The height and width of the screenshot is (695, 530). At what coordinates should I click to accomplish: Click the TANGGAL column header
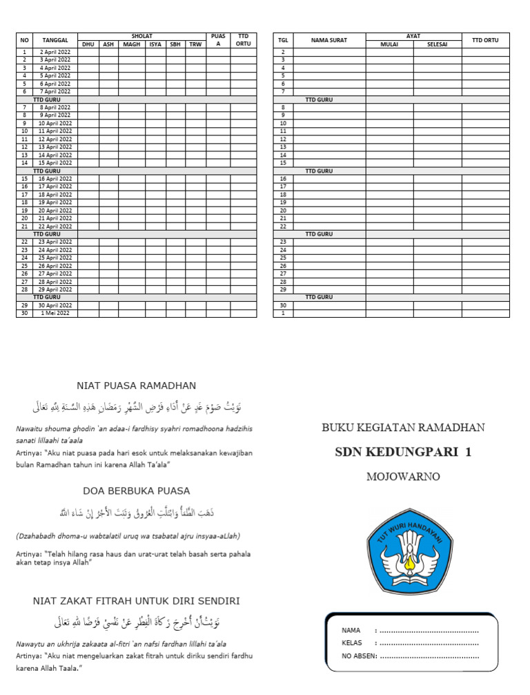tap(55, 40)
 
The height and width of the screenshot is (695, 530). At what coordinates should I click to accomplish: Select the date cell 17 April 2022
tap(55, 187)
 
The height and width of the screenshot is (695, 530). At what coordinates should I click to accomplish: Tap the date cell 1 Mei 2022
tap(55, 314)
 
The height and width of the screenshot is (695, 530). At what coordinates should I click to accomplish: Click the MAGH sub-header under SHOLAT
tap(131, 44)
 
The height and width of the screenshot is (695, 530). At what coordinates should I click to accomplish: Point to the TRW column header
tap(195, 44)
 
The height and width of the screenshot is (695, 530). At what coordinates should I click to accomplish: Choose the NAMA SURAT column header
tap(329, 40)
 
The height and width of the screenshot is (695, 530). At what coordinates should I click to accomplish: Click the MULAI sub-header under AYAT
tap(389, 44)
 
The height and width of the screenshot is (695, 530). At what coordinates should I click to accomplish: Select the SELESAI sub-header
tap(437, 44)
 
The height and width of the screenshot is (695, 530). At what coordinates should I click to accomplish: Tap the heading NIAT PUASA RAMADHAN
tap(136, 385)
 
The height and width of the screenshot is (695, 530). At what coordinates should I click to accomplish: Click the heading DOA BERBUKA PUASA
tap(136, 491)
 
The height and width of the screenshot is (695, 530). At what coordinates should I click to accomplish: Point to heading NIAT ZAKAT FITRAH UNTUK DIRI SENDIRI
tap(136, 600)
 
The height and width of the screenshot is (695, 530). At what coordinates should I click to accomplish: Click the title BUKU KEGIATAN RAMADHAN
tap(403, 428)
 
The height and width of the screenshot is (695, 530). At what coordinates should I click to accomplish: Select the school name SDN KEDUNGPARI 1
tap(403, 453)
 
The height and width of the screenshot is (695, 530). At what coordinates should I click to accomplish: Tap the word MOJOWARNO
tap(403, 477)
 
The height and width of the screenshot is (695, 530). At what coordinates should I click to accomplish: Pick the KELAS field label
tap(352, 643)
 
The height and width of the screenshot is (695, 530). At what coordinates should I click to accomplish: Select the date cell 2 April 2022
tap(55, 52)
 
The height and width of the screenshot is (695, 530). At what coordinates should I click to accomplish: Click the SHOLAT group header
tap(141, 36)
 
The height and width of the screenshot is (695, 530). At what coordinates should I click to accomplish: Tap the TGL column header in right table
tap(283, 40)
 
